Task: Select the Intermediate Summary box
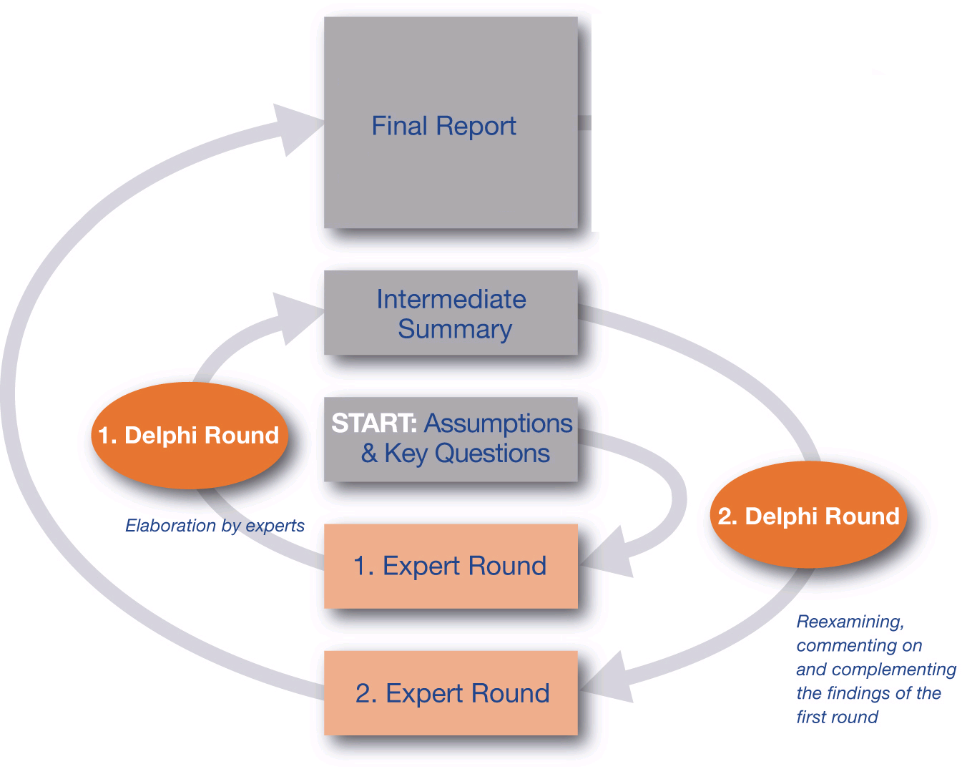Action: click(451, 313)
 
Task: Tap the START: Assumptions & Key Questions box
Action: click(451, 438)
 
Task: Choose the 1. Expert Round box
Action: click(451, 566)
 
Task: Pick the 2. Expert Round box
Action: click(451, 692)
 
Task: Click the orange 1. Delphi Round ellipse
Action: click(189, 436)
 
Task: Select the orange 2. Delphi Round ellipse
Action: click(808, 516)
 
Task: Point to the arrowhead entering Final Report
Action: click(297, 129)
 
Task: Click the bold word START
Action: click(373, 423)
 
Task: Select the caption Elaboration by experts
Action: click(215, 526)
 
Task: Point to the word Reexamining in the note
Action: click(850, 622)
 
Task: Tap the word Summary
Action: click(455, 329)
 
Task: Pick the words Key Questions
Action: click(467, 454)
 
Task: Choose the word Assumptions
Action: click(499, 423)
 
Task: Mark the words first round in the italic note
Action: click(837, 717)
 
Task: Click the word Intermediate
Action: click(451, 299)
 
